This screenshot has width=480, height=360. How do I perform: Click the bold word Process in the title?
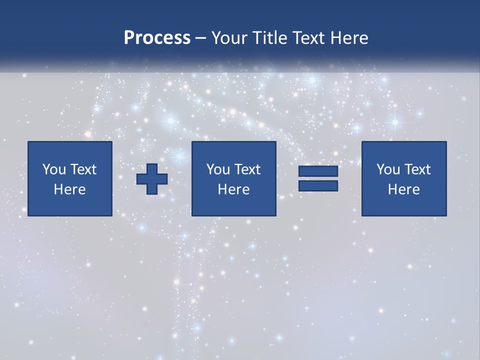click(x=157, y=38)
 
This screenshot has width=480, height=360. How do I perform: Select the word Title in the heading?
click(x=269, y=38)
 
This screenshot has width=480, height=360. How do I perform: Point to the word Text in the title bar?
click(x=308, y=38)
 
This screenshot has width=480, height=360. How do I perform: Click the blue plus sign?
click(x=152, y=179)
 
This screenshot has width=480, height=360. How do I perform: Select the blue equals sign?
click(x=318, y=179)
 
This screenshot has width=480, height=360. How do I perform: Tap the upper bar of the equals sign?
click(x=318, y=171)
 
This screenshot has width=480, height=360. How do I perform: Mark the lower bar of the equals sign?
click(x=318, y=186)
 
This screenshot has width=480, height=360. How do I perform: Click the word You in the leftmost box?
click(x=54, y=169)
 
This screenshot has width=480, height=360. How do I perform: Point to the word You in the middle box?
click(x=218, y=169)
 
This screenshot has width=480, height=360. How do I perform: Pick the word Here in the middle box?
click(x=233, y=189)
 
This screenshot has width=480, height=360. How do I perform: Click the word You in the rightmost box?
click(x=388, y=169)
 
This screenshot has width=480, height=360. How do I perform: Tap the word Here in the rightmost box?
click(x=404, y=189)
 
